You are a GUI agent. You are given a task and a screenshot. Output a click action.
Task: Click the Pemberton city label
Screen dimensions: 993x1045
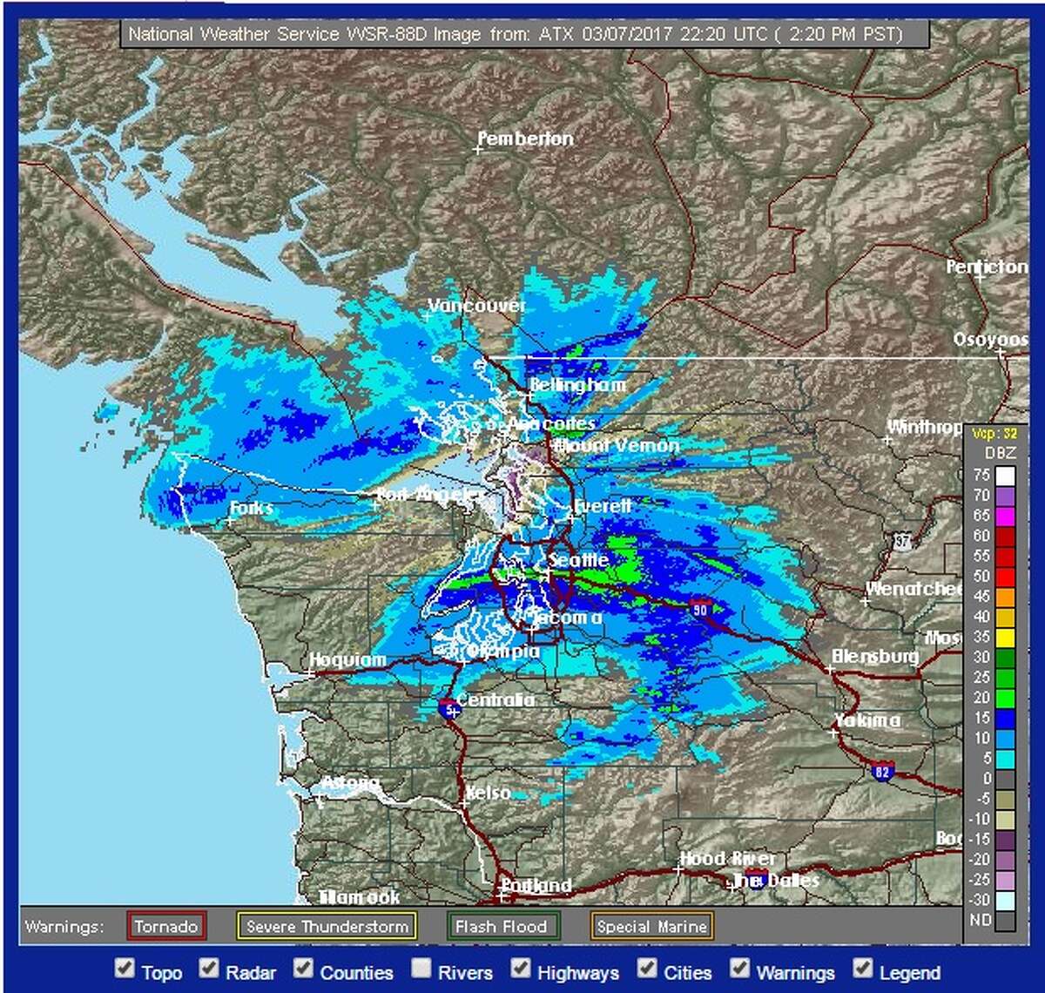coord(525,139)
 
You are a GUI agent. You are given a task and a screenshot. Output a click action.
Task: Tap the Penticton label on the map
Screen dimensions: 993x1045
coord(987,267)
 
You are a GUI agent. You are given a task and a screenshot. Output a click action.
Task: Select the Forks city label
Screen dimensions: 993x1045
coord(252,508)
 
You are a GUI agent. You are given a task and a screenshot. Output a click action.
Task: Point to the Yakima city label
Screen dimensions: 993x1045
coord(866,720)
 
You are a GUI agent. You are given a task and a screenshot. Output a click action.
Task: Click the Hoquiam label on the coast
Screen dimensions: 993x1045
coord(347,660)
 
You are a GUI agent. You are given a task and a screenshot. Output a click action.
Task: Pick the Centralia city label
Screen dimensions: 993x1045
coord(495,700)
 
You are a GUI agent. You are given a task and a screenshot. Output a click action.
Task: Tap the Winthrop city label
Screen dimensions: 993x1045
coord(924,428)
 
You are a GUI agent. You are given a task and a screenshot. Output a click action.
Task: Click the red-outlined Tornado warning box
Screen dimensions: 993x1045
coord(166,926)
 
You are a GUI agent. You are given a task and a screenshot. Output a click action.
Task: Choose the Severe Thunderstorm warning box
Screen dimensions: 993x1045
coord(327,926)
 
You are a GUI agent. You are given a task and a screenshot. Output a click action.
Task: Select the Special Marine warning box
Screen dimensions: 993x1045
coord(651,926)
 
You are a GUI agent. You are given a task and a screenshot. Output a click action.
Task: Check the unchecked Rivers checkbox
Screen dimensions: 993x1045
coord(421,968)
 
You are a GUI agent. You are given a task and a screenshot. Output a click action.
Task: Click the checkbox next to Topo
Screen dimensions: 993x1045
coord(126,968)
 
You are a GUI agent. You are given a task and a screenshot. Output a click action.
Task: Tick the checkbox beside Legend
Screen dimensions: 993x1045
coord(863,968)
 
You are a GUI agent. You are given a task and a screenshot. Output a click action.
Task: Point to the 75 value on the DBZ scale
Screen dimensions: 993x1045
coord(981,476)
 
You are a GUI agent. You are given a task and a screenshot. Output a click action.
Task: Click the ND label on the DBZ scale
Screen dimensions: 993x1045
coord(981,920)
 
